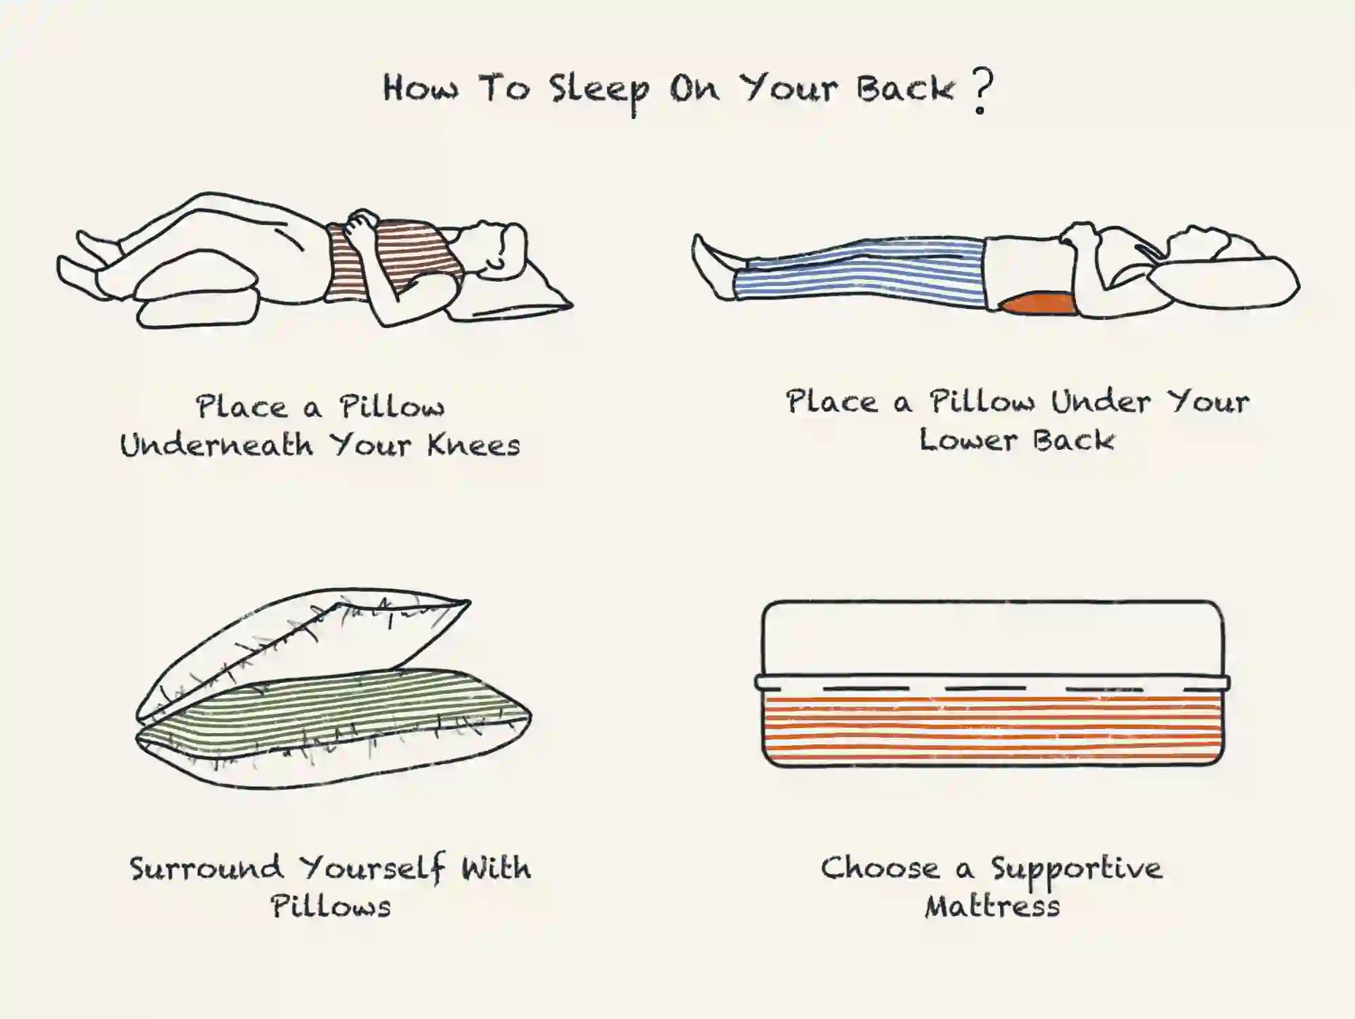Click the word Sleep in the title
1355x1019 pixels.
(599, 92)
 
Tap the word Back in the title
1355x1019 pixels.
(904, 89)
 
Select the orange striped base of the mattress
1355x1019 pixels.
(993, 728)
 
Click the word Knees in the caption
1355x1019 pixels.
(474, 445)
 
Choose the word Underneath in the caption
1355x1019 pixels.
(217, 445)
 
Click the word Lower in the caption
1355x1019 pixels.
(968, 440)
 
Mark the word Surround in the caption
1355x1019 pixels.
(207, 868)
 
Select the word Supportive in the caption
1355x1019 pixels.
(1077, 870)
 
